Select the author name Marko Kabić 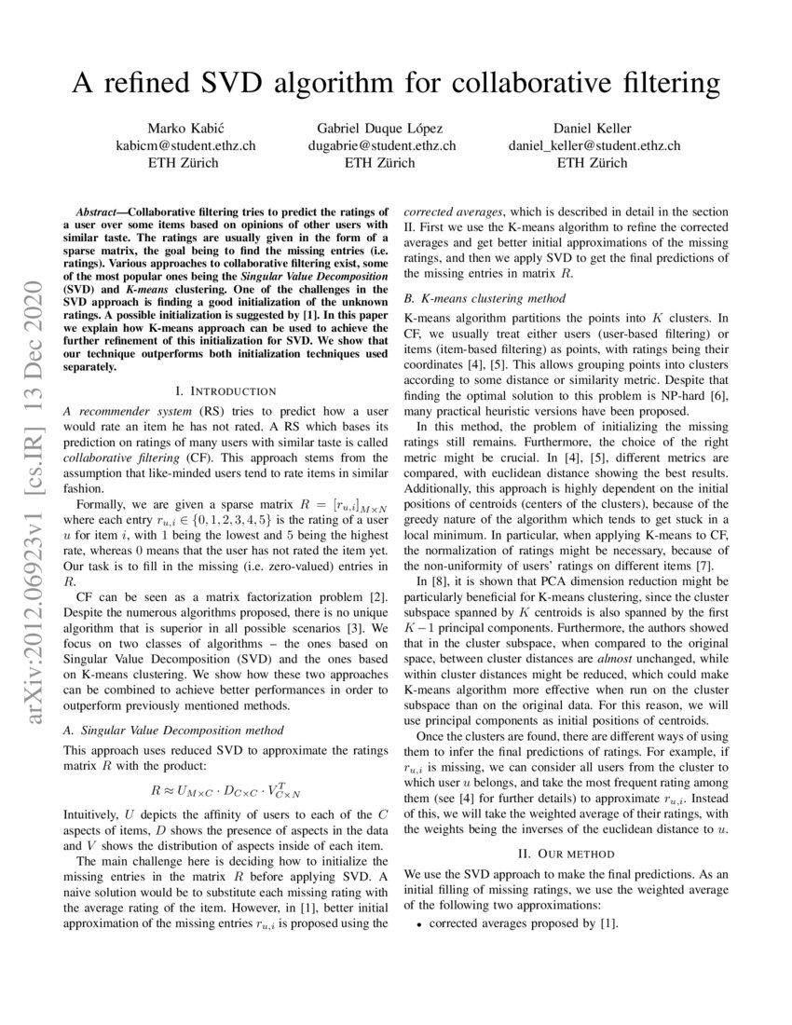coord(184,128)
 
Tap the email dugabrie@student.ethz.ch coord(382,145)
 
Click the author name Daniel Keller coord(594,128)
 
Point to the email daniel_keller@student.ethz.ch coord(594,145)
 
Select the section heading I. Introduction coord(225,390)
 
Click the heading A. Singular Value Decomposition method coord(172,730)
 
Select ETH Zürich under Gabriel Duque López coord(382,163)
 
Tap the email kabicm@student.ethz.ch coord(184,145)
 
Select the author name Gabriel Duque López coord(382,128)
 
